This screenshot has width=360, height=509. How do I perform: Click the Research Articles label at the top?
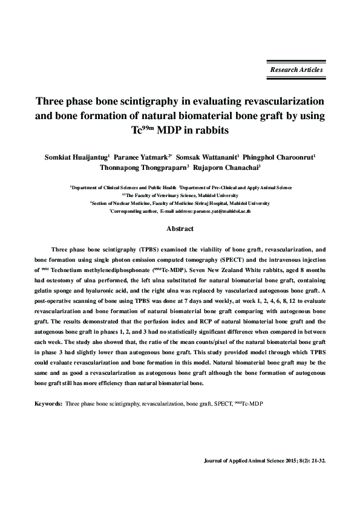click(296, 70)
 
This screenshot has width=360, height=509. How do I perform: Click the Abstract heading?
click(180, 229)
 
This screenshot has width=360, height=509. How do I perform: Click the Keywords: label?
click(48, 402)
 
